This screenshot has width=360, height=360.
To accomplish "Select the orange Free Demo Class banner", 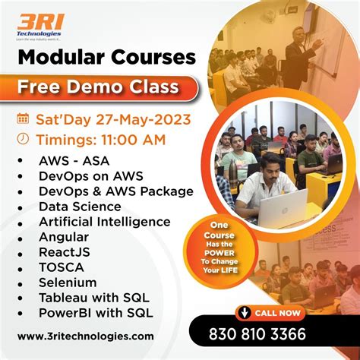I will [x=99, y=86].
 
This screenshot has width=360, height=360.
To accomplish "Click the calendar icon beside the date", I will [x=23, y=118].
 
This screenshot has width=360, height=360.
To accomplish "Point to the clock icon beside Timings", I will [x=23, y=138].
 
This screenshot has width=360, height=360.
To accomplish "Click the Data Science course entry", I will [x=80, y=206].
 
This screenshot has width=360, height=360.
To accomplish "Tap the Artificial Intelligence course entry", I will [x=104, y=221].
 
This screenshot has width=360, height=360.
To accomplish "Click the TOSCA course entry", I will [x=61, y=267].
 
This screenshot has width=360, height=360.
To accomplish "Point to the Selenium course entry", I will [x=66, y=282].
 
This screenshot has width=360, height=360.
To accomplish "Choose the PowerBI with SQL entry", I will [x=96, y=312].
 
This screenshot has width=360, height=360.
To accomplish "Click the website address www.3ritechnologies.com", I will [x=85, y=336].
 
